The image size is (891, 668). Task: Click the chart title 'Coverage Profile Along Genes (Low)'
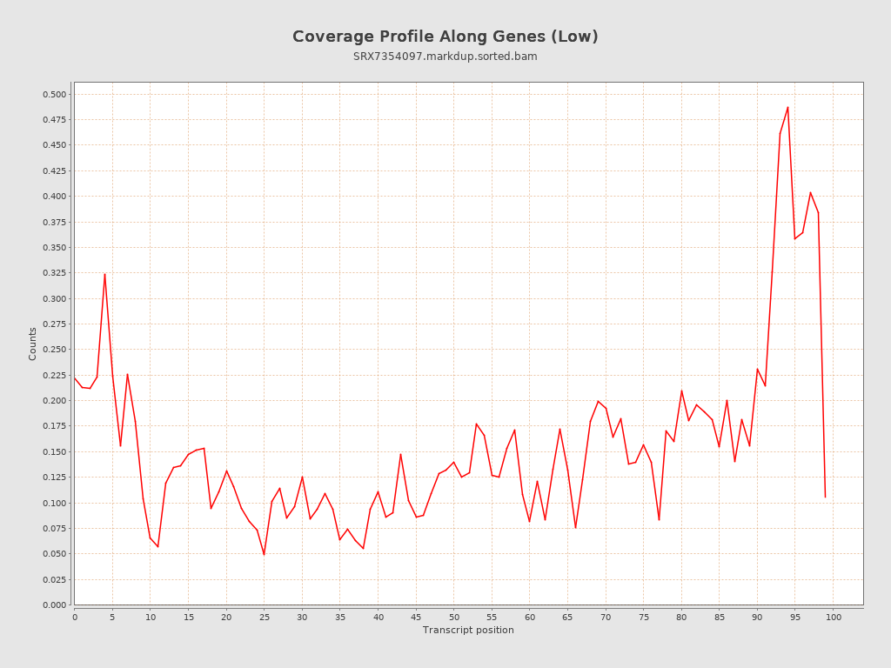[x=445, y=37]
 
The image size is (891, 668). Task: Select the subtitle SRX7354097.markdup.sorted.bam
[x=445, y=57]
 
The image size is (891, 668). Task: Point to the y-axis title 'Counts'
[x=33, y=344]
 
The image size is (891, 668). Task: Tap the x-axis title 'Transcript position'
[x=468, y=630]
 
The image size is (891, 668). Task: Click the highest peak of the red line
[x=787, y=107]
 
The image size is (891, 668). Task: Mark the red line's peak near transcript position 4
[x=104, y=274]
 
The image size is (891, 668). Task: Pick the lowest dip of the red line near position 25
[x=264, y=554]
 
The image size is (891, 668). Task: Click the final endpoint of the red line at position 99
[x=825, y=497]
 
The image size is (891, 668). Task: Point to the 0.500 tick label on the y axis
[x=54, y=94]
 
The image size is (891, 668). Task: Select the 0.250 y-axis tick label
[x=54, y=350]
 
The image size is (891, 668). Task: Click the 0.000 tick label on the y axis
[x=54, y=605]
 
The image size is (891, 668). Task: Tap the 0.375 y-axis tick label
[x=54, y=222]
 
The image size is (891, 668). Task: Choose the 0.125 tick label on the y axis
[x=54, y=478]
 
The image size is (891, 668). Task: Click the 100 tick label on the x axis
[x=834, y=617]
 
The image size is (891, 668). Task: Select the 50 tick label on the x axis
[x=453, y=617]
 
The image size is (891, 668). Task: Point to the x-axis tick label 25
[x=264, y=617]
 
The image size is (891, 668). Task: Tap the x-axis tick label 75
[x=643, y=617]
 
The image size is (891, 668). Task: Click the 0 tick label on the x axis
[x=74, y=617]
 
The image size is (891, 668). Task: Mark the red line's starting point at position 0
[x=74, y=377]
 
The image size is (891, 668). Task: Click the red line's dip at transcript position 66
[x=575, y=527]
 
